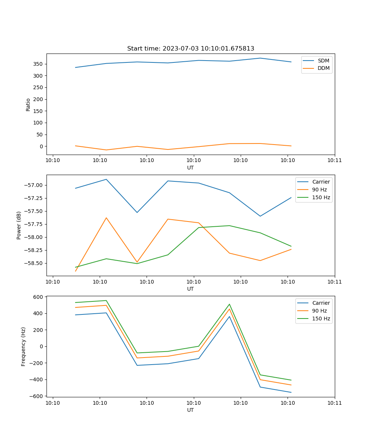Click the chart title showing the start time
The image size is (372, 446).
pyautogui.click(x=190, y=49)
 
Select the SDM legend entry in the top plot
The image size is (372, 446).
pyautogui.click(x=323, y=61)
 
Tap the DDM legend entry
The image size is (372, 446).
pyautogui.click(x=323, y=68)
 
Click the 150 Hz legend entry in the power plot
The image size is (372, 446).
pyautogui.click(x=321, y=197)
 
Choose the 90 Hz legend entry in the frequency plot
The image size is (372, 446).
pyautogui.click(x=319, y=311)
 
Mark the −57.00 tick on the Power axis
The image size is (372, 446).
pyautogui.click(x=34, y=185)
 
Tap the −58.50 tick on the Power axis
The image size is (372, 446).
pyautogui.click(x=34, y=263)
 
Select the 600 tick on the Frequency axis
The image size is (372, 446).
pyautogui.click(x=39, y=297)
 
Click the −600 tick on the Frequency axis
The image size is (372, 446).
pyautogui.click(x=37, y=396)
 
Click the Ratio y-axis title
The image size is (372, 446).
pyautogui.click(x=28, y=104)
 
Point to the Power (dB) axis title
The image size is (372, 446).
pyautogui.click(x=19, y=225)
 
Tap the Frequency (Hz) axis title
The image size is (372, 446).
pyautogui.click(x=23, y=346)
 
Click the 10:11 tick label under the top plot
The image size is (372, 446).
pyautogui.click(x=334, y=161)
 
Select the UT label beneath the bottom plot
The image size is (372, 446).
pyautogui.click(x=190, y=410)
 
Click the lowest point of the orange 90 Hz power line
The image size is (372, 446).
pyautogui.click(x=76, y=271)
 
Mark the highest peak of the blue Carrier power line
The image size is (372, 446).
pyautogui.click(x=106, y=179)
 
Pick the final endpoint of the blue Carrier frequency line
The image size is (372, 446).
pyautogui.click(x=291, y=392)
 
